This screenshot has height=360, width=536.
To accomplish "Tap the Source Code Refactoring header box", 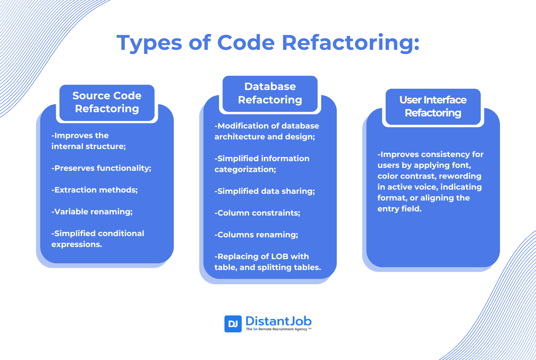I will (x=107, y=102).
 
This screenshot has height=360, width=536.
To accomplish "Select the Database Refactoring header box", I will (x=270, y=93).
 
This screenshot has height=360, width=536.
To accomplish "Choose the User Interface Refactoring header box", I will (x=433, y=106).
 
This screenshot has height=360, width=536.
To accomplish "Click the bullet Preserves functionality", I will (x=101, y=168).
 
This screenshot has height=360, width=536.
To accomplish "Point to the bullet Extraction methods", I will (x=95, y=190).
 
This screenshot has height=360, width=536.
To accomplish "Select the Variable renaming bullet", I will (x=92, y=211).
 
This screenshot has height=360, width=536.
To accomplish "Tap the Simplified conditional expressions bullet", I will (x=98, y=239).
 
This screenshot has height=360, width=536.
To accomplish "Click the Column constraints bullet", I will (x=257, y=213).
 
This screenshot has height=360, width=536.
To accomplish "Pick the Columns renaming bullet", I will (x=256, y=234).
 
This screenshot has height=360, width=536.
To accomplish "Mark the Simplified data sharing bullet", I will (x=265, y=191).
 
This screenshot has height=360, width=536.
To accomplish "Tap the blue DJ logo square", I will (x=233, y=324).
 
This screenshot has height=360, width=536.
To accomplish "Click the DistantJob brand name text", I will (x=278, y=321).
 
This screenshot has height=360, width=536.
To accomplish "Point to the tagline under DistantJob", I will (x=278, y=329).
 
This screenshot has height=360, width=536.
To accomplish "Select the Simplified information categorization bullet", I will (x=262, y=164).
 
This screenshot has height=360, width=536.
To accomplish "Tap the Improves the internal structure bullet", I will (x=88, y=141).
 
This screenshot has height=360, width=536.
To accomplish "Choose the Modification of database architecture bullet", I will (x=266, y=131).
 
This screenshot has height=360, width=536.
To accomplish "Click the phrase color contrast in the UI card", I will (x=406, y=176).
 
